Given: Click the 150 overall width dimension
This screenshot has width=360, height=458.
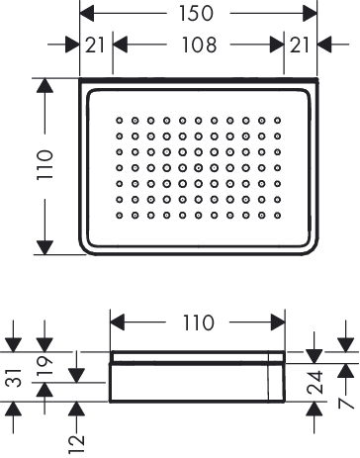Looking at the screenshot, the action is [x=196, y=14].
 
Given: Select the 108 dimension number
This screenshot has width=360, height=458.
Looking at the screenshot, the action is [x=199, y=45].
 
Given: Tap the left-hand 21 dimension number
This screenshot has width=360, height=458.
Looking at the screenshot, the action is [x=95, y=45].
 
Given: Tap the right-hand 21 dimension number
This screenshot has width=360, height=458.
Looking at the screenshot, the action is [x=300, y=45].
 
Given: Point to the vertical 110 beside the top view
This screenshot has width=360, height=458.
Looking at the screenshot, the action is [x=45, y=165].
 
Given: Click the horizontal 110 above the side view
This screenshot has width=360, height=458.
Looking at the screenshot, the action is [x=198, y=322].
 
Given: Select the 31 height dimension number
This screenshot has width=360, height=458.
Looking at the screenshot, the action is [x=15, y=378].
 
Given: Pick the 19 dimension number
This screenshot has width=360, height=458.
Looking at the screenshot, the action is [x=45, y=367].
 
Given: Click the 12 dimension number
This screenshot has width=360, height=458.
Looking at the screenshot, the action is [x=76, y=444].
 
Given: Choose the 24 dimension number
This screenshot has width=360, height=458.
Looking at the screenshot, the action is [x=315, y=382].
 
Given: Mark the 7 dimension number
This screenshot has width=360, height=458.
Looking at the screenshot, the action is [x=346, y=403].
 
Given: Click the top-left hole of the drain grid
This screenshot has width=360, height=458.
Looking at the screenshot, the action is [x=120, y=121].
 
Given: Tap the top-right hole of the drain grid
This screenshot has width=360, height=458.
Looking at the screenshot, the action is [x=278, y=121].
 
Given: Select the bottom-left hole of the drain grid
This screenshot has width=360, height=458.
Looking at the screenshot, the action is [x=120, y=216].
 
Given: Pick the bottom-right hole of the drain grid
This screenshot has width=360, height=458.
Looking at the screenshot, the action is [x=278, y=216].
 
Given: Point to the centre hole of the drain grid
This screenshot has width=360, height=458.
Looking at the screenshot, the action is [x=199, y=168].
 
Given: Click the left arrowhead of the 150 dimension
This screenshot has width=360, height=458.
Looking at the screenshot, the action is [x=87, y=14].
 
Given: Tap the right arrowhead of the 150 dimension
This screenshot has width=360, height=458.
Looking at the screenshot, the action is [x=310, y=14].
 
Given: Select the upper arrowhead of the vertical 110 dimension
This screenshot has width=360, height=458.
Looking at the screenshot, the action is [x=45, y=86].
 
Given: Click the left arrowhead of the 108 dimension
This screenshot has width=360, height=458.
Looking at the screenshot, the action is [x=121, y=45].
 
